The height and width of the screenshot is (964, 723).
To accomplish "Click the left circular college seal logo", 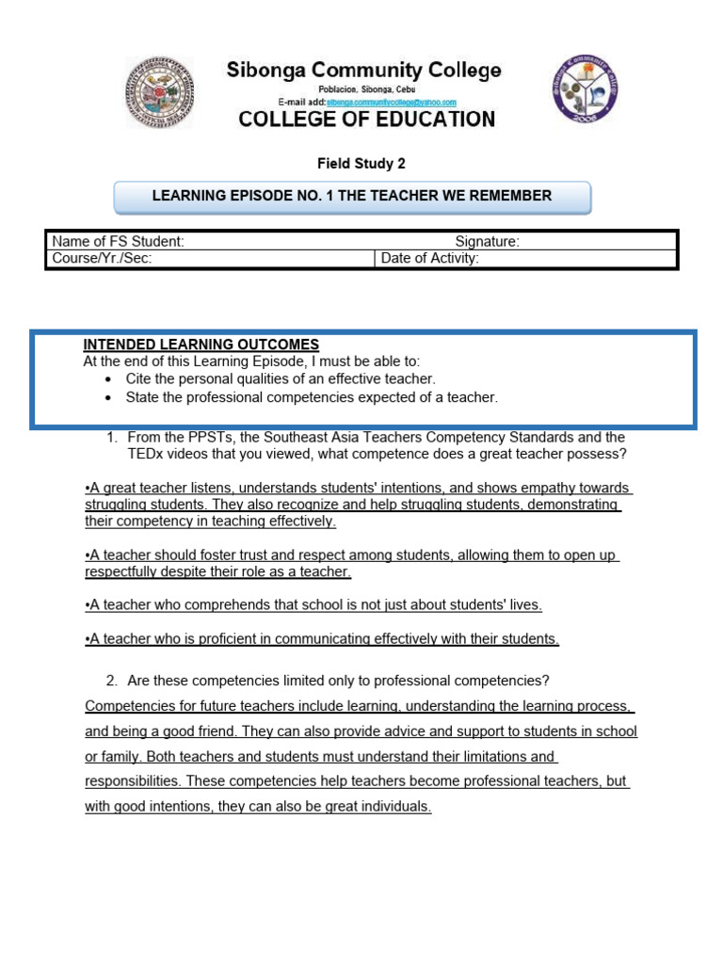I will (x=160, y=91).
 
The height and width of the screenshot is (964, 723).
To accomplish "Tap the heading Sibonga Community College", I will (x=363, y=71).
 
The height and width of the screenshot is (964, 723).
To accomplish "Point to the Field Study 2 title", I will (x=361, y=164).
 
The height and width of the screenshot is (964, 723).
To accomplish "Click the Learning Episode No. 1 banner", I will (x=352, y=196).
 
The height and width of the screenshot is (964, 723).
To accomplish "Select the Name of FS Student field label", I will (x=118, y=242).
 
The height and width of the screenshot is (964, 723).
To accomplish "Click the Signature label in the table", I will (x=487, y=242).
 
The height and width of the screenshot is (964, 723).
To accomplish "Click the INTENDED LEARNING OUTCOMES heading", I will (x=201, y=345).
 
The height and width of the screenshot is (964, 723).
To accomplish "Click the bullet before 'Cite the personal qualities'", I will (x=109, y=379).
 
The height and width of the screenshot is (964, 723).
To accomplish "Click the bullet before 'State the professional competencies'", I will (x=109, y=397).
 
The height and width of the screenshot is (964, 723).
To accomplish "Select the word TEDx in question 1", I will (x=146, y=455).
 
